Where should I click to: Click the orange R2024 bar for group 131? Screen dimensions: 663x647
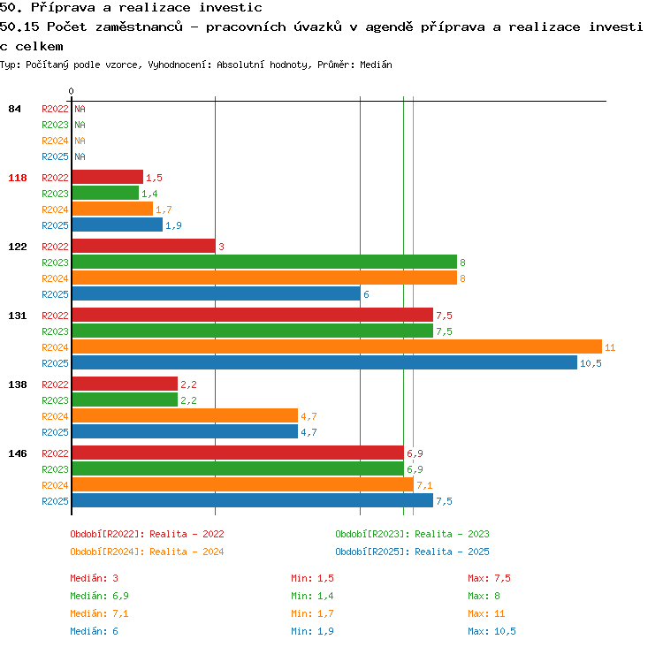click(337, 346)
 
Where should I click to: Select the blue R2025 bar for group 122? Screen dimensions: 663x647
click(216, 293)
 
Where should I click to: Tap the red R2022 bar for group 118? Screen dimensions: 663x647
click(107, 177)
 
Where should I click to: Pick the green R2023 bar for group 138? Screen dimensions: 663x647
click(125, 400)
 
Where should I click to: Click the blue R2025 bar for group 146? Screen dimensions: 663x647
click(253, 500)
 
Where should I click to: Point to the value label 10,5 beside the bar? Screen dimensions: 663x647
click(591, 363)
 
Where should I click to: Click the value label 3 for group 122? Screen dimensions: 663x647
click(221, 247)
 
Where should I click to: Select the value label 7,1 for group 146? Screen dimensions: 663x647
click(424, 485)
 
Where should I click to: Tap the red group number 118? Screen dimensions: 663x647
click(18, 178)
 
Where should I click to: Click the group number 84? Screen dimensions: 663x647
click(14, 109)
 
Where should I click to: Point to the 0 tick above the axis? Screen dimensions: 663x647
click(71, 91)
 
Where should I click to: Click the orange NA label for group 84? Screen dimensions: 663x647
click(80, 141)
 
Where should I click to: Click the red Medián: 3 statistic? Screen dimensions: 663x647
click(94, 578)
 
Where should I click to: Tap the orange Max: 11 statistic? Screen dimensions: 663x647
click(486, 613)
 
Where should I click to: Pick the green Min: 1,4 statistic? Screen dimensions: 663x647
click(312, 596)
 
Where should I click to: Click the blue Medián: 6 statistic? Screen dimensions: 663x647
click(94, 631)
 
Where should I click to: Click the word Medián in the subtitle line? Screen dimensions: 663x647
click(376, 65)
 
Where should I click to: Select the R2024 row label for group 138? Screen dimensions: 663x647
click(55, 416)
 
